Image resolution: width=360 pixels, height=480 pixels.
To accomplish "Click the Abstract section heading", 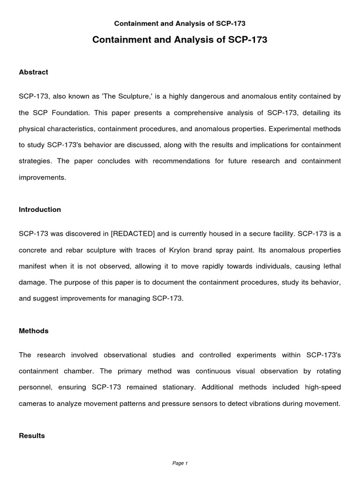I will [33, 72].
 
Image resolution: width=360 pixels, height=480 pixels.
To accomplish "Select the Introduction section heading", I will [40, 210].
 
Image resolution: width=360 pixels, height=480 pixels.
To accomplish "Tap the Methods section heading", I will [33, 331].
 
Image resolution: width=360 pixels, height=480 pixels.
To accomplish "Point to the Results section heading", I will [32, 435].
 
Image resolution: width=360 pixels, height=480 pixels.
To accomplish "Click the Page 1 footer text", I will [180, 464].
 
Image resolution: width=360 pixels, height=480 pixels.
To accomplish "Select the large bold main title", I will [180, 40].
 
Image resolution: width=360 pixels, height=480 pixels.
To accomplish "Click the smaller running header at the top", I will [180, 23].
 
